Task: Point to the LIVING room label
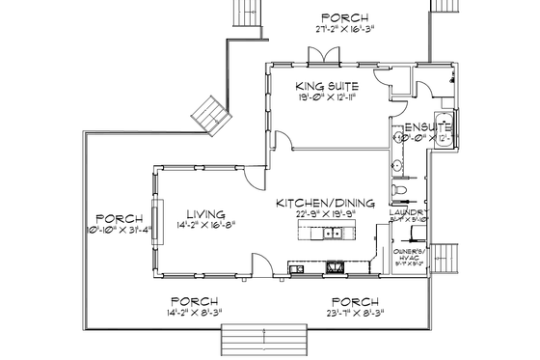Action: coord(206,213)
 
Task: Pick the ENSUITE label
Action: coord(428,126)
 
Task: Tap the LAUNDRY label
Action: coord(406,211)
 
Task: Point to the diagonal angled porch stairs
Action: coord(210,112)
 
